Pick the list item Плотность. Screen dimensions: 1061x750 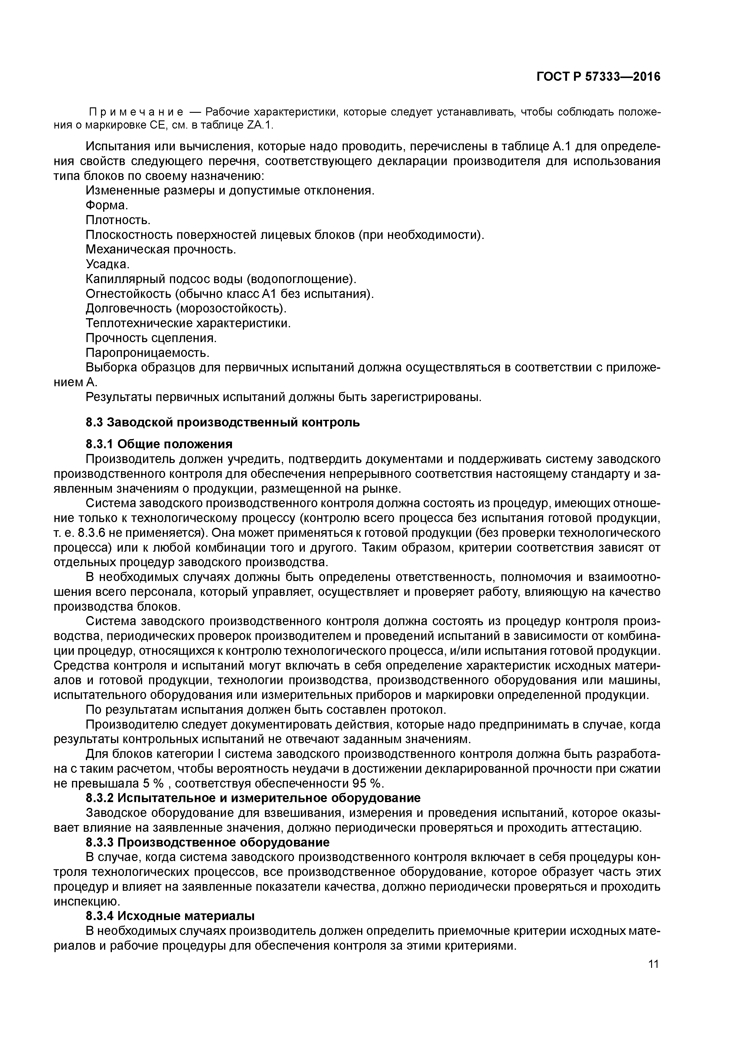point(118,220)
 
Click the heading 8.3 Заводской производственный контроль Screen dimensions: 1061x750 point(223,422)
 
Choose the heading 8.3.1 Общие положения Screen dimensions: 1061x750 point(159,444)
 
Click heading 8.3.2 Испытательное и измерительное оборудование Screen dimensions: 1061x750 point(253,798)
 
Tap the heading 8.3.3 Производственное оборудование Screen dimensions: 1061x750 point(208,842)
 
